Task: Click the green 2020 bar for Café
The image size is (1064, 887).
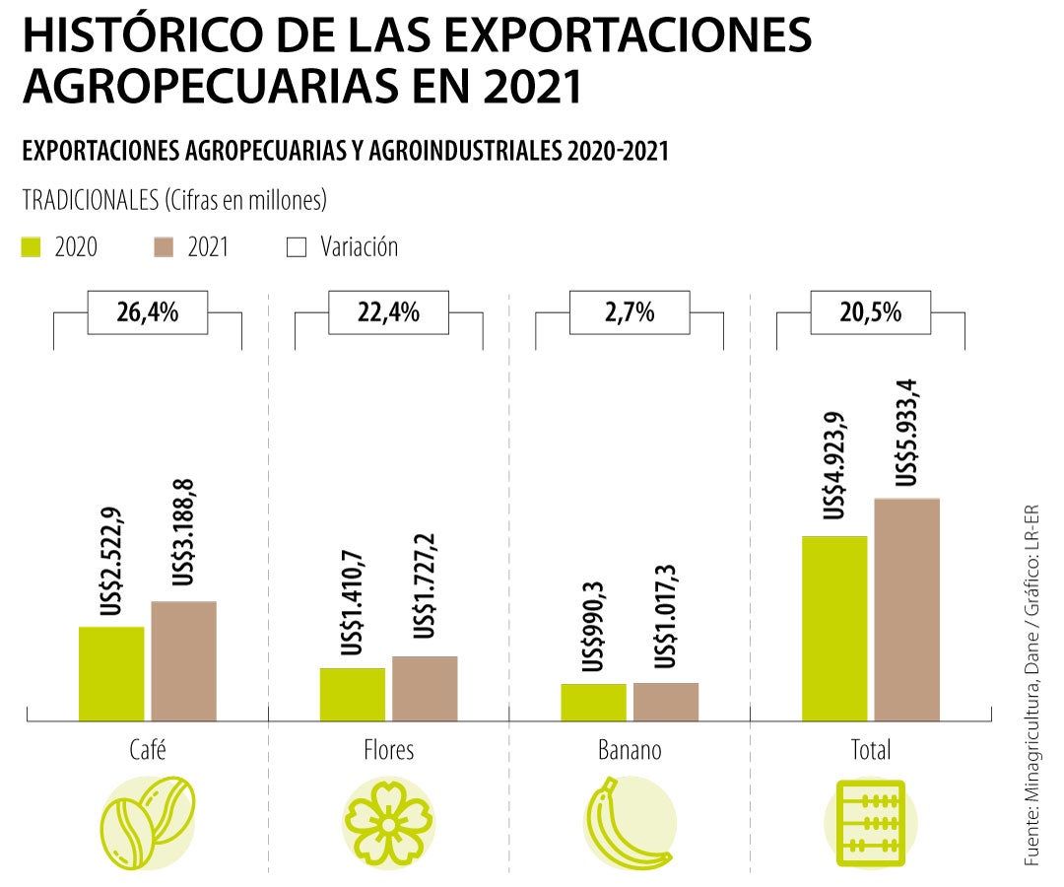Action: coord(111,673)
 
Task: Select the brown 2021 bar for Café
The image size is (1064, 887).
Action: coord(183,660)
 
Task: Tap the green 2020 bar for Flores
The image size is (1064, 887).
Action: coord(352,694)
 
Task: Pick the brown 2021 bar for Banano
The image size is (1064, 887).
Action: coord(666,702)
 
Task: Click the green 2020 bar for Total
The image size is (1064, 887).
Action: coord(834,628)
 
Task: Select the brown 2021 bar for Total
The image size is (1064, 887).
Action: coord(906,609)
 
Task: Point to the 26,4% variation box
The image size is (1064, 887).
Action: coord(148,313)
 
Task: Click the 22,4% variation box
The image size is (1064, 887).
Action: coord(388,313)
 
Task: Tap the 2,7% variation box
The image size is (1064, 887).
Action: coord(630,313)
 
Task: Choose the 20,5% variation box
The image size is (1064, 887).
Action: coord(870,313)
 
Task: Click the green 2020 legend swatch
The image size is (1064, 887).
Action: coord(33,246)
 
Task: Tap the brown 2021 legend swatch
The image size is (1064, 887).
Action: coord(166,246)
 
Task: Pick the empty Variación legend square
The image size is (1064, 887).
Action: coord(297,246)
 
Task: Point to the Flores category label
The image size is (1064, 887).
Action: coord(388,750)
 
